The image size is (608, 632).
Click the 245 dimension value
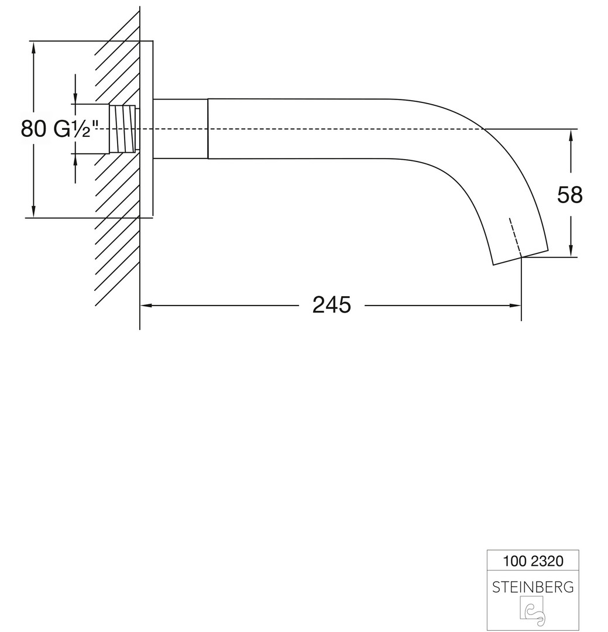(331, 305)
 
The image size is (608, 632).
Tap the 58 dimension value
(570, 195)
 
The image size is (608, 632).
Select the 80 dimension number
(33, 129)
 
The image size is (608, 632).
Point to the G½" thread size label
(76, 129)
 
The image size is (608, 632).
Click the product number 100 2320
(533, 561)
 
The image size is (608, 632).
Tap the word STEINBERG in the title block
(533, 588)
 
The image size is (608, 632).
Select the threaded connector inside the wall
(123, 129)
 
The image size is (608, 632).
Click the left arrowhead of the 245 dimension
(146, 305)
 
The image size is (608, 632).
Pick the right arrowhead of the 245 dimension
(516, 305)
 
